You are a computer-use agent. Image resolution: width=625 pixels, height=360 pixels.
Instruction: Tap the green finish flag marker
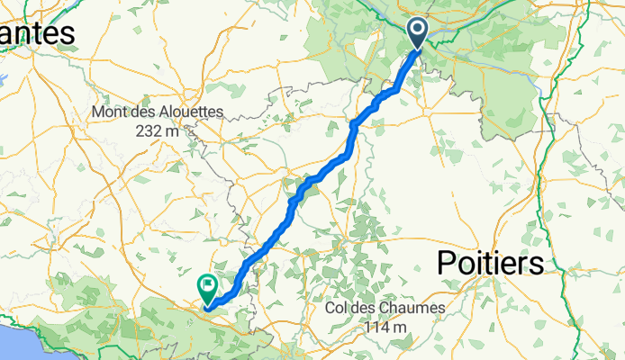coord(208,289)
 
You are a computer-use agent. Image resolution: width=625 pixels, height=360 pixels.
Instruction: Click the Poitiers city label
coord(491,263)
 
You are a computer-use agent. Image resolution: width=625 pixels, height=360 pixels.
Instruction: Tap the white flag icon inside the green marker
coord(208,286)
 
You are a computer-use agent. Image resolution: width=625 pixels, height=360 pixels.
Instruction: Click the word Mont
coord(109,112)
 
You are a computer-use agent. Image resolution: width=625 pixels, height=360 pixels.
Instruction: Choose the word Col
coord(339,308)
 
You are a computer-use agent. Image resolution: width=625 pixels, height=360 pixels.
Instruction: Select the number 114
coord(376,325)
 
